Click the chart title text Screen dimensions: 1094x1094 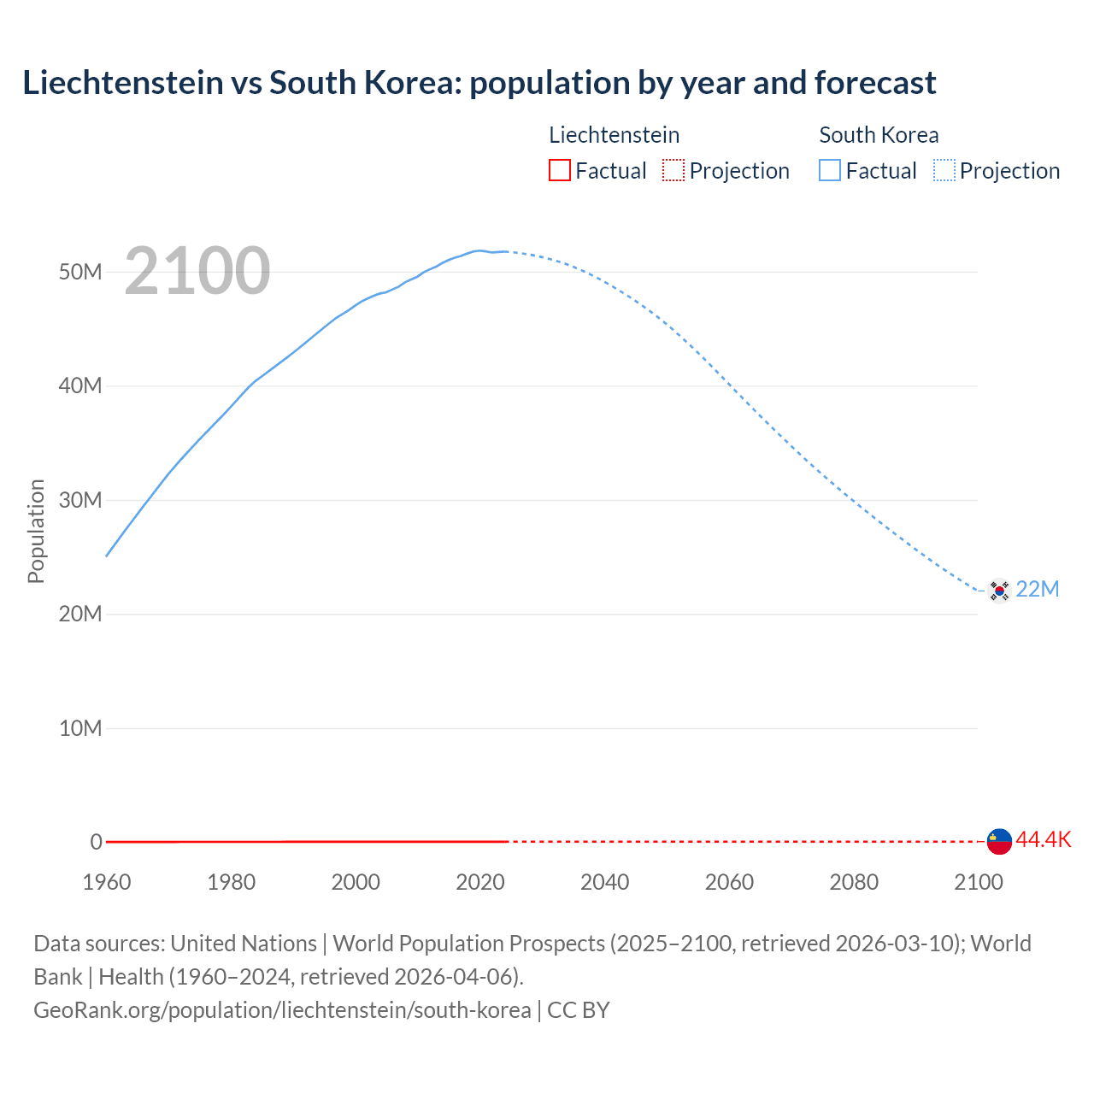[479, 83]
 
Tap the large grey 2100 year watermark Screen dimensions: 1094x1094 [197, 271]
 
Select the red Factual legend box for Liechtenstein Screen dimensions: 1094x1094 [559, 170]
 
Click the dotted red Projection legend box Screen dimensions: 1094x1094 [673, 170]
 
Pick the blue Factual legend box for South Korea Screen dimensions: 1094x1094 [829, 170]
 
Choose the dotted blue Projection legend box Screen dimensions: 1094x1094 [944, 170]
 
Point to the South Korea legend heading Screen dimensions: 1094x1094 [878, 135]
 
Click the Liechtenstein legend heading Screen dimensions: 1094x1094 [614, 135]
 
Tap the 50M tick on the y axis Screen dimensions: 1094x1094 [80, 272]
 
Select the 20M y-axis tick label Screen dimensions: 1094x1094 [80, 614]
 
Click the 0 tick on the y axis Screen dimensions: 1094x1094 [96, 842]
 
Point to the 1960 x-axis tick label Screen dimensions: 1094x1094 [107, 882]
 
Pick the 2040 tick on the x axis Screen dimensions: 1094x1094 [604, 882]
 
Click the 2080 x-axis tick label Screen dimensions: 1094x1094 [853, 882]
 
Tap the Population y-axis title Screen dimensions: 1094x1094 [36, 531]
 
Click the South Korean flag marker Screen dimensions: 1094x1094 [998, 590]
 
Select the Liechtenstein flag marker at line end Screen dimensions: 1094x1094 [999, 841]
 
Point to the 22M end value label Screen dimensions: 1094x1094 [1037, 589]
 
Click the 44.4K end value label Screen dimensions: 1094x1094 [1043, 839]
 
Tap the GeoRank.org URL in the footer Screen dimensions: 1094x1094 [282, 1009]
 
